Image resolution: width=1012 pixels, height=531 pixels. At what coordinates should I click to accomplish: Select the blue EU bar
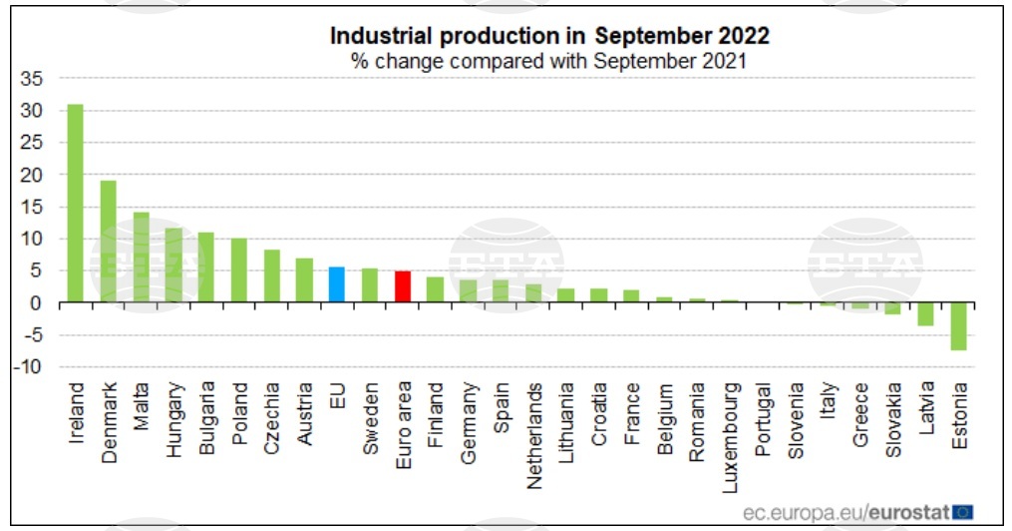337,284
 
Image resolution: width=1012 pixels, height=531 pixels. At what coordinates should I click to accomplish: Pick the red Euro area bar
403,286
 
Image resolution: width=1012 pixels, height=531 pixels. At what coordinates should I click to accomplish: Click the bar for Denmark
108,242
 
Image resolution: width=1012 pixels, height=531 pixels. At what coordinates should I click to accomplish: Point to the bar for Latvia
926,313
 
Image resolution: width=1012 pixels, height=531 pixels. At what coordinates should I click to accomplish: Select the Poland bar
239,269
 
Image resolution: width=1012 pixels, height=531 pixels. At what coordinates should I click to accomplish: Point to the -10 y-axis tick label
29,366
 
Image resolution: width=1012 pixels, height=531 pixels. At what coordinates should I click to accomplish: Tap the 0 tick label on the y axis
37,302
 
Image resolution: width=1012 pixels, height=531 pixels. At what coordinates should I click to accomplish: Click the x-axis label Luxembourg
731,423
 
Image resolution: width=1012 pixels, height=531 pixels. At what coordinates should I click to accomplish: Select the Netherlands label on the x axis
534,421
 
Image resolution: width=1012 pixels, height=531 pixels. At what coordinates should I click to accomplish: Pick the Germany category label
468,415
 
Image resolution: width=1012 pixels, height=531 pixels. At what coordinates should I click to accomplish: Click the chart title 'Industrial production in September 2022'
549,36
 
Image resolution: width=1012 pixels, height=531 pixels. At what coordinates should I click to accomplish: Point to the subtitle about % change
548,60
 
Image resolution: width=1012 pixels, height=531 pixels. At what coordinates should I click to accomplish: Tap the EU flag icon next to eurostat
963,511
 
